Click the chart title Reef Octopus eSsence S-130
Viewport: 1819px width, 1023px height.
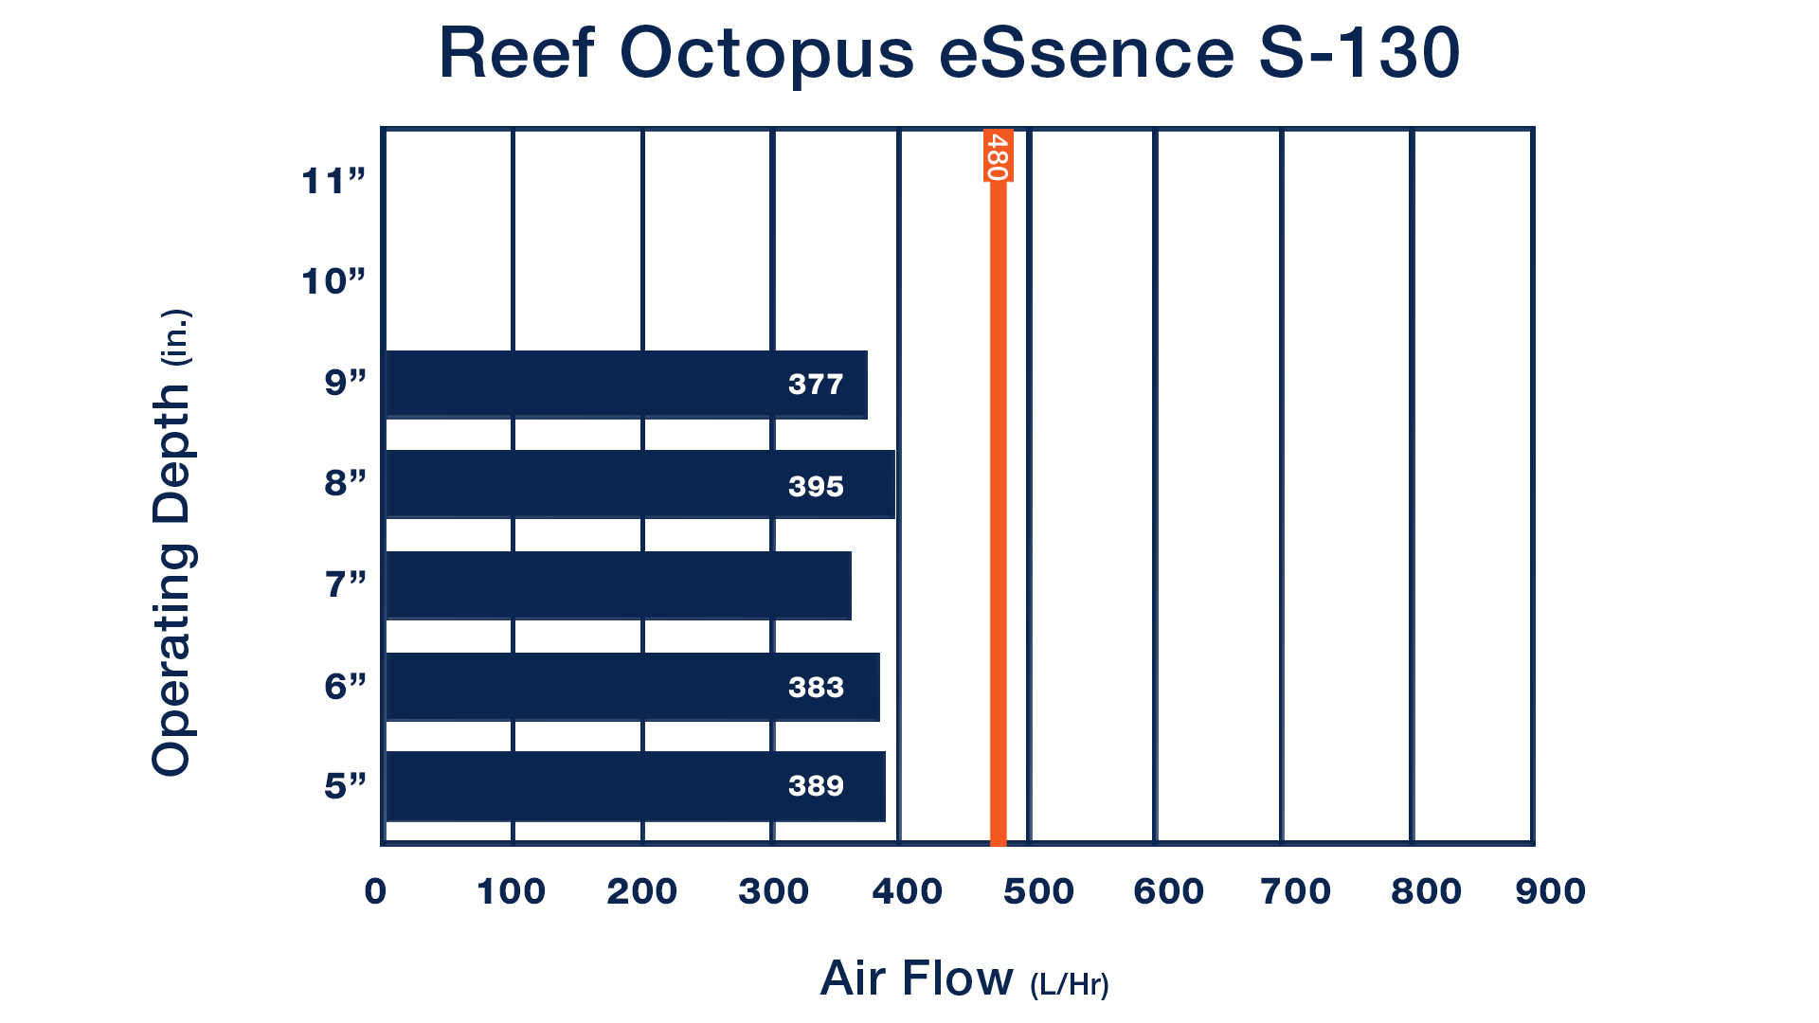949,53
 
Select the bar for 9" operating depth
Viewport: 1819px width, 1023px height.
626,385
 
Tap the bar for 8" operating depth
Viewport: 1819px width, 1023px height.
640,484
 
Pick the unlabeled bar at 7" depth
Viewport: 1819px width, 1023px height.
619,585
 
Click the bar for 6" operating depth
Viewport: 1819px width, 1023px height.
633,687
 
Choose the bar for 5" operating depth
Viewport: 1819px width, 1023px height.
636,786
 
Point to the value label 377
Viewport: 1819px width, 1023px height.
816,385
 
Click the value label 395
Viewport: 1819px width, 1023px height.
816,487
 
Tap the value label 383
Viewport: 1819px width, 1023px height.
816,687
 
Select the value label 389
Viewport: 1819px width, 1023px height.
816,786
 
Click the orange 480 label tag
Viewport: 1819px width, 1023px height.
998,155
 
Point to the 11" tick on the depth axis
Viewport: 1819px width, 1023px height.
333,181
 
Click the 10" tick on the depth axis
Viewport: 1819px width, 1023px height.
333,281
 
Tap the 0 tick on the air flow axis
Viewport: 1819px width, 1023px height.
376,891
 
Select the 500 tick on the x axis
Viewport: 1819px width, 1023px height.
1039,891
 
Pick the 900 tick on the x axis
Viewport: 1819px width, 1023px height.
1551,891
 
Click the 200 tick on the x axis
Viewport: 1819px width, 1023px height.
642,891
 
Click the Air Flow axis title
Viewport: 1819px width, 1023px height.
964,979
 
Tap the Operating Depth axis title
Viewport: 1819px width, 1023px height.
173,542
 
